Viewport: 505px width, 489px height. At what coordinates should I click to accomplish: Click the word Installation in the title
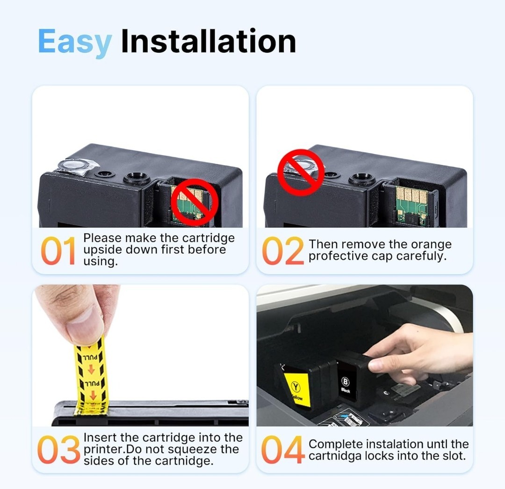pos(209,41)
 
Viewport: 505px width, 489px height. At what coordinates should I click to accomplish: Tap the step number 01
pos(58,251)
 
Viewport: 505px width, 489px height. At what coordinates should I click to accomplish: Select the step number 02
pos(283,251)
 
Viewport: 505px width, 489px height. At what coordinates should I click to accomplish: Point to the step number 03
pos(58,450)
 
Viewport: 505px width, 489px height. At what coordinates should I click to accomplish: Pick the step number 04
pos(283,450)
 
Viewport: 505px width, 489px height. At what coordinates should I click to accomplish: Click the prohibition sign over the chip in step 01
pos(195,202)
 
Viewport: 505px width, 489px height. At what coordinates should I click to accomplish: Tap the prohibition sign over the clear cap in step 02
pos(301,172)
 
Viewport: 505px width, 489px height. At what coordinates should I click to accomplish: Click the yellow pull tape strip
pos(91,376)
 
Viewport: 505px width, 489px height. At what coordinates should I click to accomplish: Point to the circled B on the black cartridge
pos(345,382)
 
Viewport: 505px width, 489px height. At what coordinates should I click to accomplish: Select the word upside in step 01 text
pos(102,250)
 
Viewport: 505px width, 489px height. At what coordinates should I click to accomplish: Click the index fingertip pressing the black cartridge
pos(375,365)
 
